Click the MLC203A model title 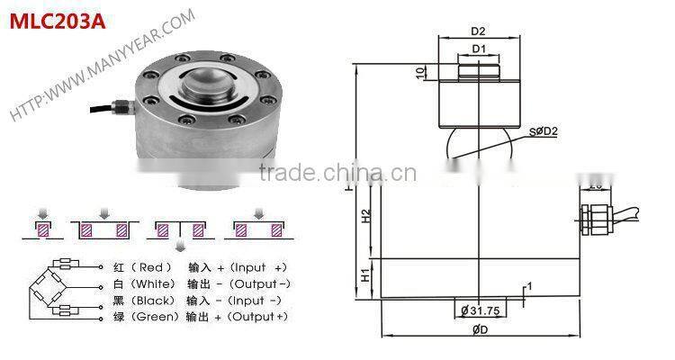click(57, 20)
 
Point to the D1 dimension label click(480, 48)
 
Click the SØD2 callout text click(546, 132)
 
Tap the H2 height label click(366, 217)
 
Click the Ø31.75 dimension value click(482, 310)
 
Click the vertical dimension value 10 click(420, 72)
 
